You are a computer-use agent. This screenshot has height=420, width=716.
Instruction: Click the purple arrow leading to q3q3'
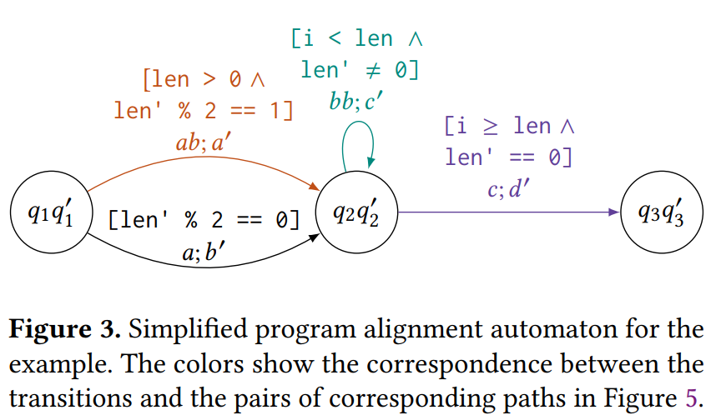tap(509, 213)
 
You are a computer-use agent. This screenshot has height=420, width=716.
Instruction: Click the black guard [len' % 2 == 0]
tap(204, 220)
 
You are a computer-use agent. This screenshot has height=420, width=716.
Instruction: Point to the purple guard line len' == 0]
tap(509, 157)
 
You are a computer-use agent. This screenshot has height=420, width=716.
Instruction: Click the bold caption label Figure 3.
tap(65, 328)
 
